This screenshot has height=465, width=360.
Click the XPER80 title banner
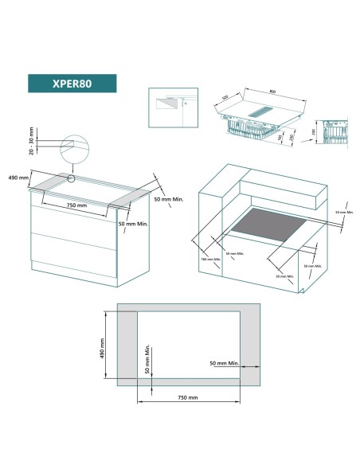[x=72, y=84]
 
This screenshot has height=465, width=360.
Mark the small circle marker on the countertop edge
[x=72, y=179]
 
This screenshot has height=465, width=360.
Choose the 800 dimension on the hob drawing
[x=273, y=92]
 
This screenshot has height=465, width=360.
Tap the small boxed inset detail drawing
[x=171, y=107]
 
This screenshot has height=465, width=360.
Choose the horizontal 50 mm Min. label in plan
[x=224, y=362]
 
